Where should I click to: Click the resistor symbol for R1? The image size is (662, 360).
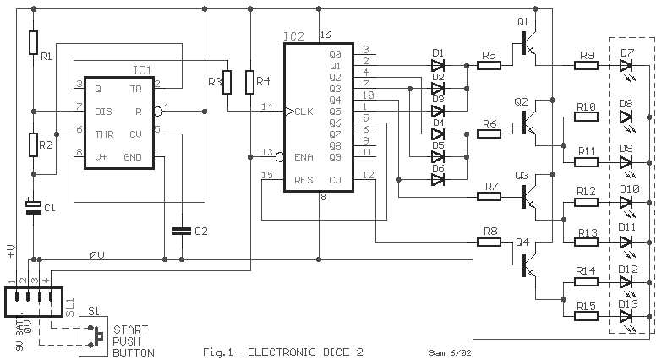click(x=33, y=42)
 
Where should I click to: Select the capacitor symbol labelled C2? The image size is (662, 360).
click(x=182, y=231)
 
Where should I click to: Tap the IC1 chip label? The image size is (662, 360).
click(x=142, y=70)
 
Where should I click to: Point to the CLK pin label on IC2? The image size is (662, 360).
click(x=304, y=112)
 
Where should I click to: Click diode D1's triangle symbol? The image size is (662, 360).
click(x=438, y=65)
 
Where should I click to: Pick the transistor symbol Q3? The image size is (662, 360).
click(x=528, y=195)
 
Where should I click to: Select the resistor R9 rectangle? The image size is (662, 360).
click(x=586, y=65)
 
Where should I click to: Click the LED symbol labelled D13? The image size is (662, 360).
click(x=626, y=316)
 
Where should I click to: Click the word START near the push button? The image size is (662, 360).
click(x=131, y=330)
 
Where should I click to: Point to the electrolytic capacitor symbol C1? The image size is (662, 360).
click(x=33, y=207)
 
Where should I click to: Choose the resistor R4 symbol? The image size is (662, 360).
click(x=250, y=82)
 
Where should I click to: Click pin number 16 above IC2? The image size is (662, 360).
click(x=326, y=35)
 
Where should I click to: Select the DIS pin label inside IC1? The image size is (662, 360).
click(x=103, y=112)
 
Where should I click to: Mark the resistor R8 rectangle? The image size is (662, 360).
click(x=489, y=243)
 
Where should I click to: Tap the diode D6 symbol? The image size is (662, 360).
click(x=438, y=180)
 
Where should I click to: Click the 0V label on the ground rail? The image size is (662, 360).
click(x=97, y=255)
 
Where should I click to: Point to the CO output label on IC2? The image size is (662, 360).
click(x=335, y=180)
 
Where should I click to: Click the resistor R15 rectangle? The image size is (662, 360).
click(x=586, y=316)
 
